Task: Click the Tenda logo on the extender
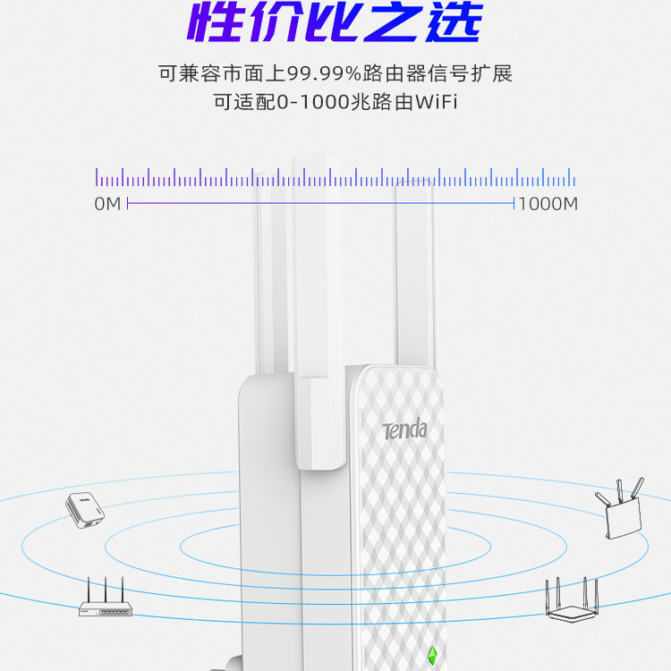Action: [404, 430]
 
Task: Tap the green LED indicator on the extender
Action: [432, 655]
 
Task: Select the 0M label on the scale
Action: [106, 204]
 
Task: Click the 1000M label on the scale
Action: [548, 204]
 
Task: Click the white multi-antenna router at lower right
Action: [570, 598]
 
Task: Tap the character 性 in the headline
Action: [217, 24]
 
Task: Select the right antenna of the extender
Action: [415, 268]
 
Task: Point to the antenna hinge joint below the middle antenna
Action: [321, 420]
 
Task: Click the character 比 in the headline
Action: [335, 24]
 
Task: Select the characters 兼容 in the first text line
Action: [198, 72]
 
